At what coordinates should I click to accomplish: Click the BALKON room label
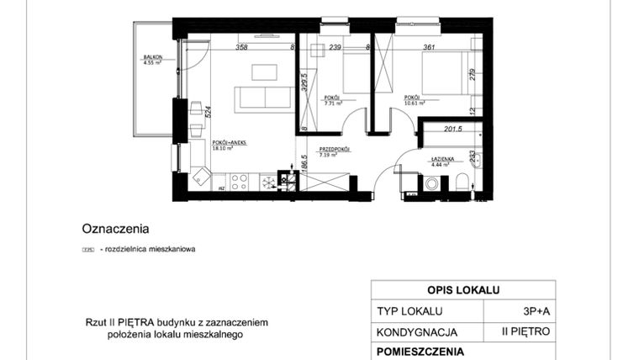tap(152, 58)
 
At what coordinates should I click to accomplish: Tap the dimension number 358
tap(241, 48)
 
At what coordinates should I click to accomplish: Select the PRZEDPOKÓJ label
tap(334, 150)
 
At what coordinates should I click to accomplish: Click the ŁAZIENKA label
tap(443, 159)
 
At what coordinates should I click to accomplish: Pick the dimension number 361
tap(409, 48)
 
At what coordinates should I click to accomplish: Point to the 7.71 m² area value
tap(333, 103)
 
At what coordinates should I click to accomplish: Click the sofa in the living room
tap(265, 97)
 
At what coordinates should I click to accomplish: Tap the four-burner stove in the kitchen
tap(237, 180)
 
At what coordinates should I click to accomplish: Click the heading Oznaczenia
tap(115, 228)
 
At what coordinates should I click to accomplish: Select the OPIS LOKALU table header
tap(462, 290)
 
